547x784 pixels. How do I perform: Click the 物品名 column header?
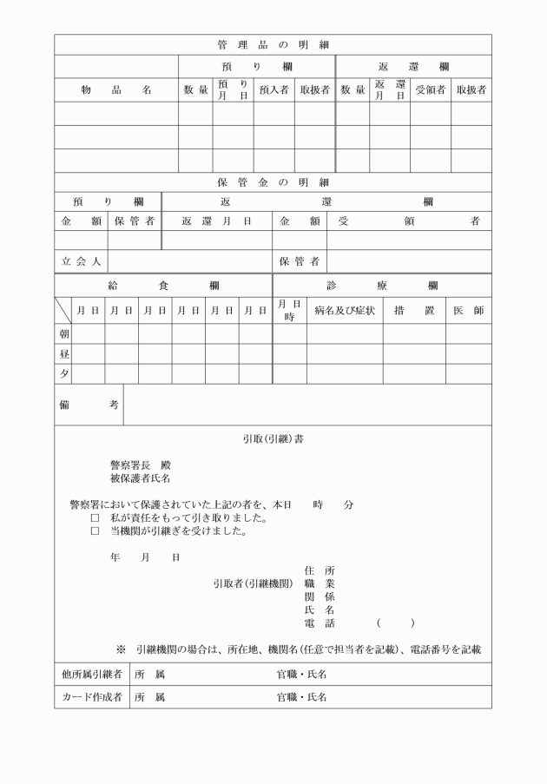click(x=116, y=89)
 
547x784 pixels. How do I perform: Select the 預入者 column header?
click(x=273, y=89)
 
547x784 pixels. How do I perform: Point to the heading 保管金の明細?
click(x=273, y=182)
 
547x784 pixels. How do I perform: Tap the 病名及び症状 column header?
click(x=345, y=310)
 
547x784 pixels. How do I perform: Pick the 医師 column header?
click(x=468, y=310)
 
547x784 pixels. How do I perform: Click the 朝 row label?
click(x=63, y=333)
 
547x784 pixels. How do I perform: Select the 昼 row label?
click(x=63, y=353)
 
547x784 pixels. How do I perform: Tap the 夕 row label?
click(x=63, y=373)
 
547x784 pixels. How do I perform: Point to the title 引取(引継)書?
click(x=273, y=439)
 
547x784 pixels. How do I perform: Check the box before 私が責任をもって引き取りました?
click(x=96, y=518)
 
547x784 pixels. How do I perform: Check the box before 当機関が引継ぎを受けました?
click(x=96, y=531)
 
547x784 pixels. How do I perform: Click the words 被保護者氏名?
click(x=140, y=478)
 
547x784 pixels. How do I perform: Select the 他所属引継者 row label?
click(x=90, y=674)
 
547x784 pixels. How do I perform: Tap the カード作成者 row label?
click(x=90, y=696)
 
